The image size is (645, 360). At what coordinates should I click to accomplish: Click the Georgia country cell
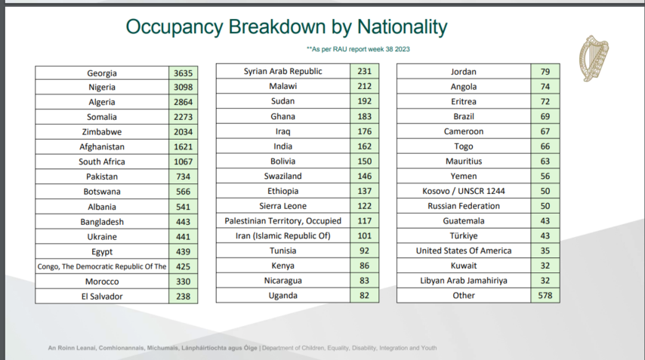coord(102,73)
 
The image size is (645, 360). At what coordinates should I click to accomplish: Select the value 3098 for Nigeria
coord(184,88)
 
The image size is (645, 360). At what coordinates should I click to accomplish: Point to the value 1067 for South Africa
coord(184,162)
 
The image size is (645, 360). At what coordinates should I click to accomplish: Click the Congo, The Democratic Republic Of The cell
coord(102,266)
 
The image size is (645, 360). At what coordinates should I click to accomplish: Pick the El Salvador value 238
coord(184,297)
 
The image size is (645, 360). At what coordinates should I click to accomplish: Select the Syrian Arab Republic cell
coord(282,72)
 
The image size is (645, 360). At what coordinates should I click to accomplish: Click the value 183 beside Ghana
coord(364,116)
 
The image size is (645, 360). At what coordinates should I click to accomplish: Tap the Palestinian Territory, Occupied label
coord(282,221)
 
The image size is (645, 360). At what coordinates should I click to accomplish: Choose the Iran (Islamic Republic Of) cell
coord(282,236)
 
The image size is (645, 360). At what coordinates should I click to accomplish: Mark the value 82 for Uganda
coord(364,295)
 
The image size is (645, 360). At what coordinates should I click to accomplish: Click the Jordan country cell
coord(463,72)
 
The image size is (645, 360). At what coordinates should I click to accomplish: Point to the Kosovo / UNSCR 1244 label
coord(463,191)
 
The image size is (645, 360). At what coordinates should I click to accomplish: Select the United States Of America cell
coord(463,251)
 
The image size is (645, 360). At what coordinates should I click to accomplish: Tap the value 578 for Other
coord(545,295)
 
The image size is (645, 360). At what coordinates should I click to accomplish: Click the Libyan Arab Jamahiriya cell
coord(463,280)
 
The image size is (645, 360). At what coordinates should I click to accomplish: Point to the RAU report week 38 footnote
coord(358,49)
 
